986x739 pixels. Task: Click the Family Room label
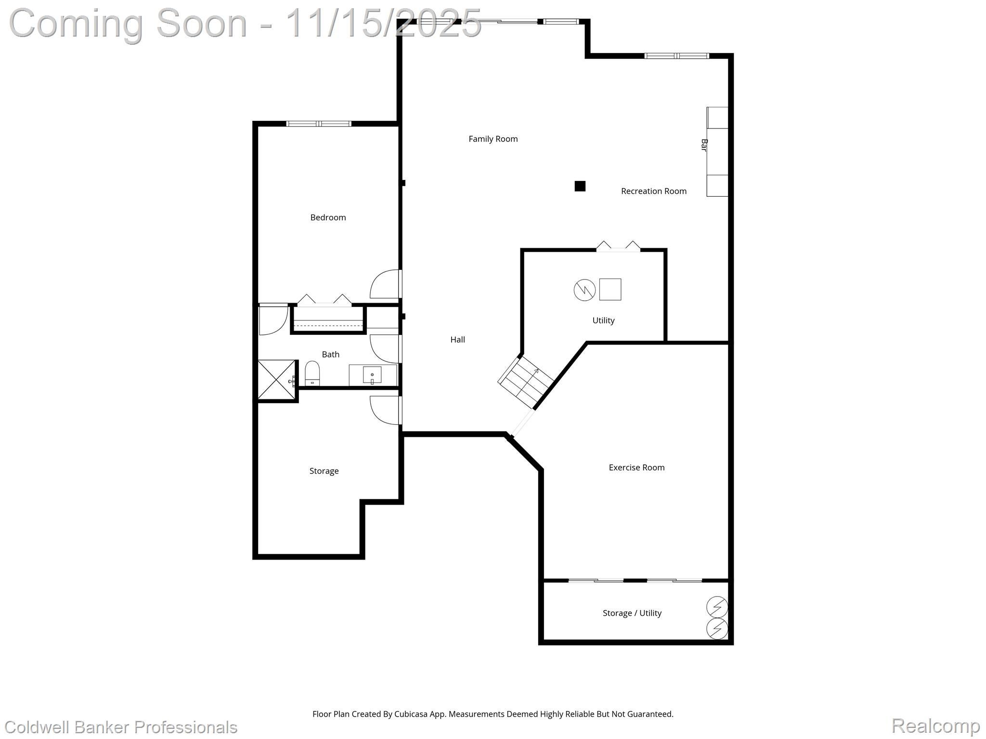[493, 139]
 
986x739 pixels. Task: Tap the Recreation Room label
[653, 191]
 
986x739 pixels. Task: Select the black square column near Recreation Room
[580, 186]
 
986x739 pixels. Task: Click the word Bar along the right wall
[704, 145]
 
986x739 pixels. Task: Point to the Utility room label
[603, 320]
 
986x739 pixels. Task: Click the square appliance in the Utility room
[610, 290]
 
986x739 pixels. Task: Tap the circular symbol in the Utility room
[584, 290]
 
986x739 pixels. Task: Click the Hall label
[457, 340]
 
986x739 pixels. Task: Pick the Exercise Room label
[636, 468]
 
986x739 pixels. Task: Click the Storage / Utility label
[632, 613]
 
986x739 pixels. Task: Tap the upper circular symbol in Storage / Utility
[717, 607]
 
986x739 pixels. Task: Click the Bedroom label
[328, 217]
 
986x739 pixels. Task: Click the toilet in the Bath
[312, 374]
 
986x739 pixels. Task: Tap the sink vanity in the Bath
[372, 375]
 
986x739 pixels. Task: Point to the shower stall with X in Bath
[276, 380]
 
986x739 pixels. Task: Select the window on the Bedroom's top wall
[319, 124]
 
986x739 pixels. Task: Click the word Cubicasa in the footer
[412, 714]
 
